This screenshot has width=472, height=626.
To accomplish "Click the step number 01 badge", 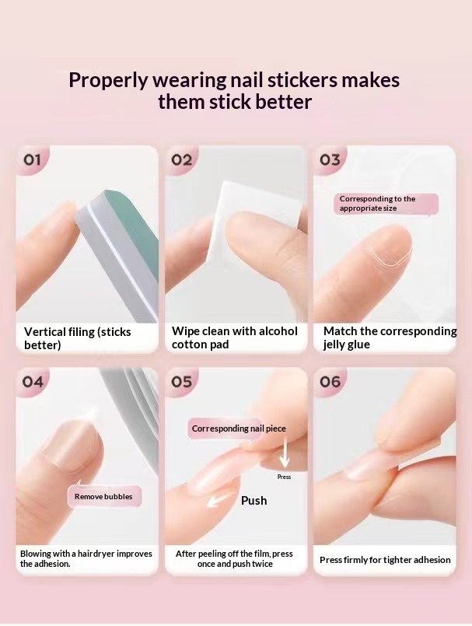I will pyautogui.click(x=33, y=160).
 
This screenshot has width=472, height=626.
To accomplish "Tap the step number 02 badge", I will pyautogui.click(x=181, y=160).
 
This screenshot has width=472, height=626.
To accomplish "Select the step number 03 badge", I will pyautogui.click(x=330, y=160).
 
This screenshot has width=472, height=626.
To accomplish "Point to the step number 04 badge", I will pyautogui.click(x=33, y=382).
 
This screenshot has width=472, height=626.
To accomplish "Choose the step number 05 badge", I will pyautogui.click(x=181, y=382).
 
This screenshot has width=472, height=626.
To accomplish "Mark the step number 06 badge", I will pyautogui.click(x=330, y=382).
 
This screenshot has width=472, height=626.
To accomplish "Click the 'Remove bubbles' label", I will pyautogui.click(x=103, y=496).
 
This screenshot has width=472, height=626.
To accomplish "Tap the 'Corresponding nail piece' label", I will pyautogui.click(x=239, y=428).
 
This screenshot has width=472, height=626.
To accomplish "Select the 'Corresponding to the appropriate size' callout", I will pyautogui.click(x=387, y=204).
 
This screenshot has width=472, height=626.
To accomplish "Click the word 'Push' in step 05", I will pyautogui.click(x=253, y=500).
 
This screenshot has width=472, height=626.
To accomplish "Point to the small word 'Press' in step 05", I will pyautogui.click(x=284, y=477).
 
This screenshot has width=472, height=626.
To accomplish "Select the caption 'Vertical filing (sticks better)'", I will pyautogui.click(x=78, y=338).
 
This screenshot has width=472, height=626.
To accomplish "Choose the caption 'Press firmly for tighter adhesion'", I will pyautogui.click(x=385, y=560).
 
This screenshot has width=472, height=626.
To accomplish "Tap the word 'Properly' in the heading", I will pyautogui.click(x=110, y=80).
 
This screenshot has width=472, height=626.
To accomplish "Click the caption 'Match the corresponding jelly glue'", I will pyautogui.click(x=389, y=338).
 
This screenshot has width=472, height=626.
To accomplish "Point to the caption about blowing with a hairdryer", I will pyautogui.click(x=86, y=558).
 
